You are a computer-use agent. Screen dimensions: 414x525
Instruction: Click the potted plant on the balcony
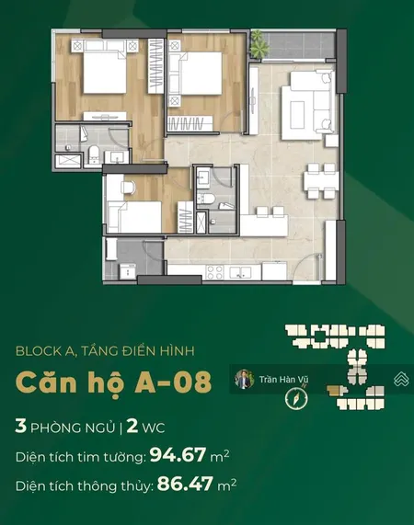click(259, 44)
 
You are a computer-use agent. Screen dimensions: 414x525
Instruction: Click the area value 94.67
click(178, 455)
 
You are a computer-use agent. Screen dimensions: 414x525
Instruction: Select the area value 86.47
click(185, 484)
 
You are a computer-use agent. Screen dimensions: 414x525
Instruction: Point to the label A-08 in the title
click(173, 382)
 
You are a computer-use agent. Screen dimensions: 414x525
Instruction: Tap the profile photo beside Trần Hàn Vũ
click(244, 379)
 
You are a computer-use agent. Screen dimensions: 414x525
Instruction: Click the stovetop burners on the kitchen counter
click(214, 272)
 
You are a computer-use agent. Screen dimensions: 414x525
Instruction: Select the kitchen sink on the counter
click(240, 272)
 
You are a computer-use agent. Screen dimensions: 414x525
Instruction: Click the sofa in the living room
click(308, 105)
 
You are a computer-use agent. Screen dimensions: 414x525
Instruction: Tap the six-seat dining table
click(321, 181)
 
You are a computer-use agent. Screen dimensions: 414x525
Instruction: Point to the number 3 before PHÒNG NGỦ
click(21, 427)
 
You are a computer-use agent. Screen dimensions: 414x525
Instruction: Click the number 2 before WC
click(132, 427)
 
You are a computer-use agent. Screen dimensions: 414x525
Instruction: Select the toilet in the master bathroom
click(94, 154)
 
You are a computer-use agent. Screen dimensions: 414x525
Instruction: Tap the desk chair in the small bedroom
click(127, 187)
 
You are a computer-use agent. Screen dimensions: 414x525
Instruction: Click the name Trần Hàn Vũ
click(283, 380)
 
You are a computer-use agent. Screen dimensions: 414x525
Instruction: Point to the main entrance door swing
click(306, 267)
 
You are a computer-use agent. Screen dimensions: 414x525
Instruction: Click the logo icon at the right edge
click(400, 379)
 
